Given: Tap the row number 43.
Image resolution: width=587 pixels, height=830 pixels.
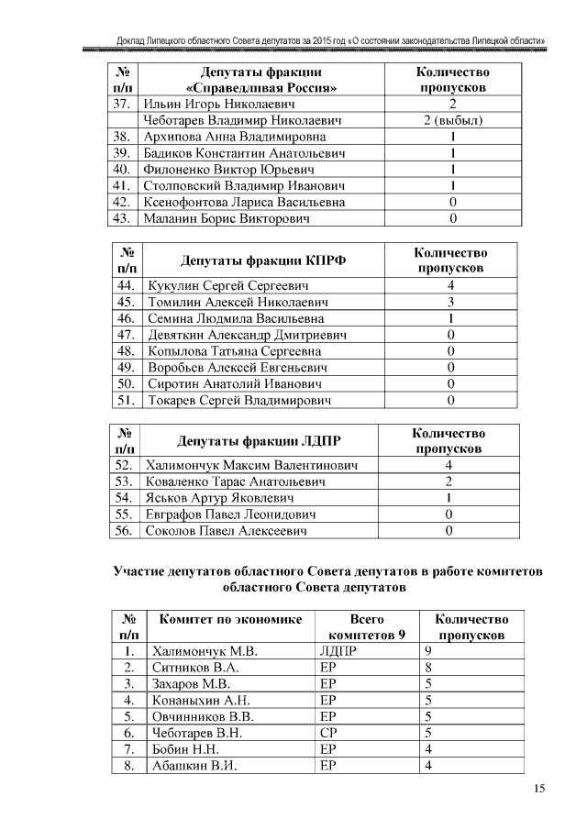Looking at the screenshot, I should pyautogui.click(x=121, y=218).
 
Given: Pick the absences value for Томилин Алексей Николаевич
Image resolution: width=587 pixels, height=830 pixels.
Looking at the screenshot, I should pyautogui.click(x=450, y=302).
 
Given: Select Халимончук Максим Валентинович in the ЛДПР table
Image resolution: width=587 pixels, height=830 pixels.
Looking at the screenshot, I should pyautogui.click(x=250, y=465).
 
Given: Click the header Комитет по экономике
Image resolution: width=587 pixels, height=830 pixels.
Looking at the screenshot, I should pyautogui.click(x=229, y=620).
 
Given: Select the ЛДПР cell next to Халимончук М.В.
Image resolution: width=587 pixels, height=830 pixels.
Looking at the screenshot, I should pyautogui.click(x=336, y=651).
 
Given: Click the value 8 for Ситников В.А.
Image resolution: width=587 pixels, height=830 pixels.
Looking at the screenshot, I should pyautogui.click(x=428, y=668).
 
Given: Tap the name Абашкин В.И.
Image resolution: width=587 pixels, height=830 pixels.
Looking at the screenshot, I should pyautogui.click(x=194, y=767).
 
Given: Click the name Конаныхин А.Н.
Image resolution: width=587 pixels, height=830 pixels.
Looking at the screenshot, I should pyautogui.click(x=200, y=701).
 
